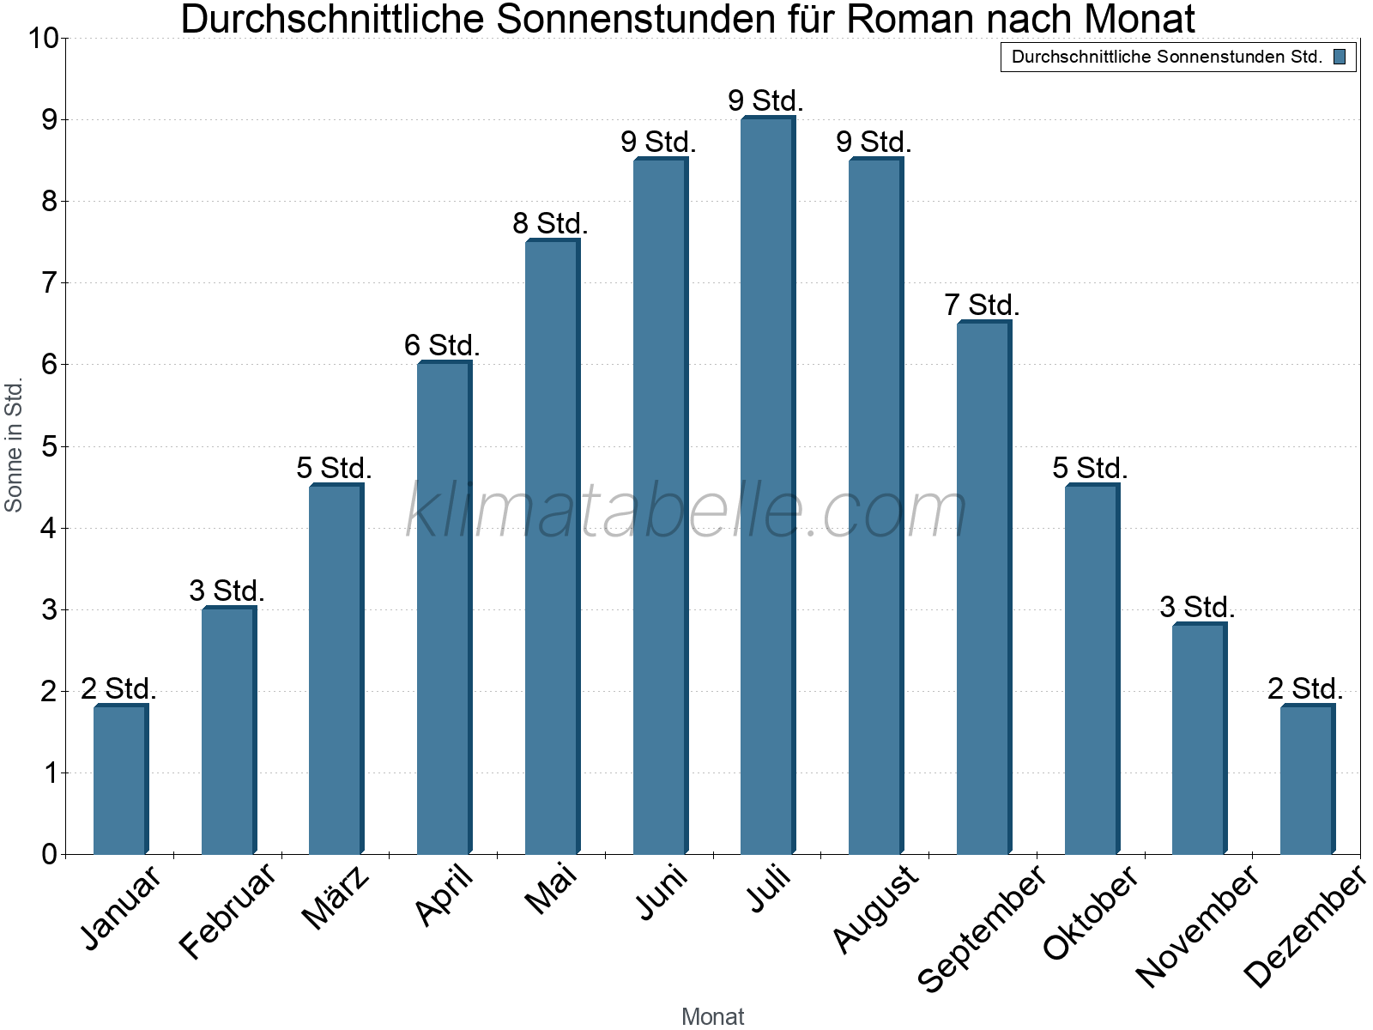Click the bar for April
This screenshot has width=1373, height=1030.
pyautogui.click(x=444, y=609)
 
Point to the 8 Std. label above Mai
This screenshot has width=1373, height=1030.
pyautogui.click(x=550, y=224)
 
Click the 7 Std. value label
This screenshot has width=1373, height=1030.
pyautogui.click(x=982, y=306)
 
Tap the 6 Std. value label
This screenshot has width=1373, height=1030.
pyautogui.click(x=442, y=346)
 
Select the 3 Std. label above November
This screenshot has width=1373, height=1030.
pyautogui.click(x=1197, y=608)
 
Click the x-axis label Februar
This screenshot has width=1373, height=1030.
pyautogui.click(x=228, y=912)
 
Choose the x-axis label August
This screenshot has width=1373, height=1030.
pyautogui.click(x=876, y=910)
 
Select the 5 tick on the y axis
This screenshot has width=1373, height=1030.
pyautogui.click(x=49, y=446)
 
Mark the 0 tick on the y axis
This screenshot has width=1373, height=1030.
pyautogui.click(x=49, y=854)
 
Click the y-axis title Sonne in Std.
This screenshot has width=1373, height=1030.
pyautogui.click(x=14, y=445)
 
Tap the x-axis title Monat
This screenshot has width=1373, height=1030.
pyautogui.click(x=712, y=1016)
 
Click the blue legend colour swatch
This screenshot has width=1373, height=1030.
pyautogui.click(x=1339, y=58)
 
